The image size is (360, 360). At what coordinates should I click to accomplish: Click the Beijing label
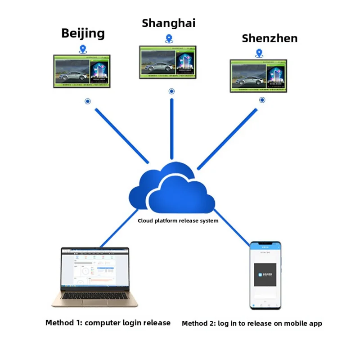[x=83, y=33]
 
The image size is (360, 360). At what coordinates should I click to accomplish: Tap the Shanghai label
[x=169, y=23]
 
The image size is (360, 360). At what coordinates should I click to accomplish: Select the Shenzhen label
[x=270, y=38]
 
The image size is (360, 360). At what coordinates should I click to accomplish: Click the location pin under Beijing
[x=82, y=49]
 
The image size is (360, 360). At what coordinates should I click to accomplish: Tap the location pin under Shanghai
[x=169, y=39]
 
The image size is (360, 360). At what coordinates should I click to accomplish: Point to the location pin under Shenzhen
[x=259, y=53]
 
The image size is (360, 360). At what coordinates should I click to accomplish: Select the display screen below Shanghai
[x=168, y=62]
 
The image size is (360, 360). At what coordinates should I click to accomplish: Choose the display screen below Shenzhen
[x=258, y=76]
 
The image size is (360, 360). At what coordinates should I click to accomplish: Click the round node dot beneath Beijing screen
[x=88, y=101]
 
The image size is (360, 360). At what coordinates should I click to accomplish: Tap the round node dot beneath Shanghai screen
[x=171, y=91]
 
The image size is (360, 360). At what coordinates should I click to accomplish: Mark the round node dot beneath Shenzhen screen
[x=262, y=100]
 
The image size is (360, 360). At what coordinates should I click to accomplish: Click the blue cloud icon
[x=172, y=189]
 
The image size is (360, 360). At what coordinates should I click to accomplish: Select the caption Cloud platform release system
[x=178, y=221]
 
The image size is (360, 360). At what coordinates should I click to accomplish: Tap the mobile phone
[x=265, y=275]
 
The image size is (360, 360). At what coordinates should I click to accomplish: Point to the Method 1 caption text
[x=108, y=323]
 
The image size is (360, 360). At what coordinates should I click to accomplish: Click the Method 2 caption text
[x=252, y=323]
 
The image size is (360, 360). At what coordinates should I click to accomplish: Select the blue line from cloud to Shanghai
[x=171, y=128]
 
